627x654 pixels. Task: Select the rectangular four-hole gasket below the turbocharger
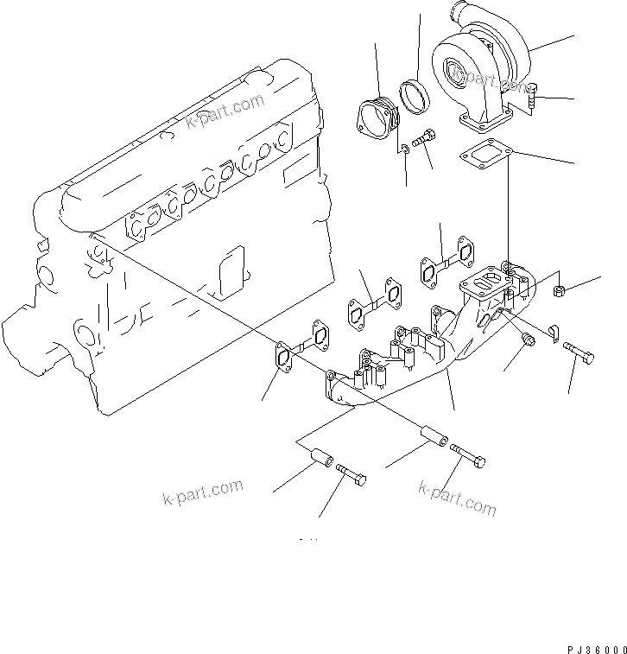click(487, 156)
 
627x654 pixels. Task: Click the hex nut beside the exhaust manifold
click(559, 291)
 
